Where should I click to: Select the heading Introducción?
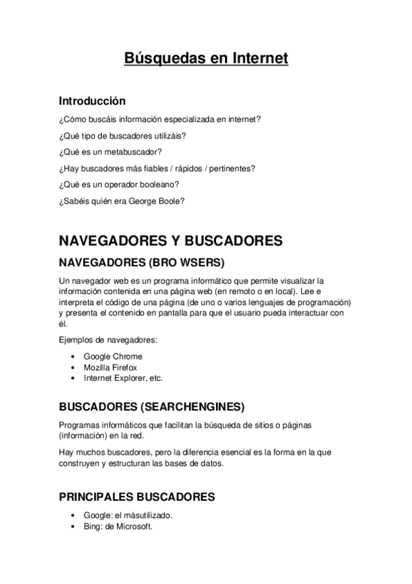coord(92,101)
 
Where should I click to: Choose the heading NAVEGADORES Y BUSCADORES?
coord(171,241)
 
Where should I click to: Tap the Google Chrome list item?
coord(113,357)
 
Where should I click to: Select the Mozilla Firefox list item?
coord(111,368)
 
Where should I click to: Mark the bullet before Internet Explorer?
coord(73,379)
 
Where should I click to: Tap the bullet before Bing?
coord(73,527)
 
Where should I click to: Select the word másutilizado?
coord(148,516)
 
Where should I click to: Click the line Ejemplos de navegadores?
coord(108,340)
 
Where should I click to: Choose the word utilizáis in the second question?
coord(169,135)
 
